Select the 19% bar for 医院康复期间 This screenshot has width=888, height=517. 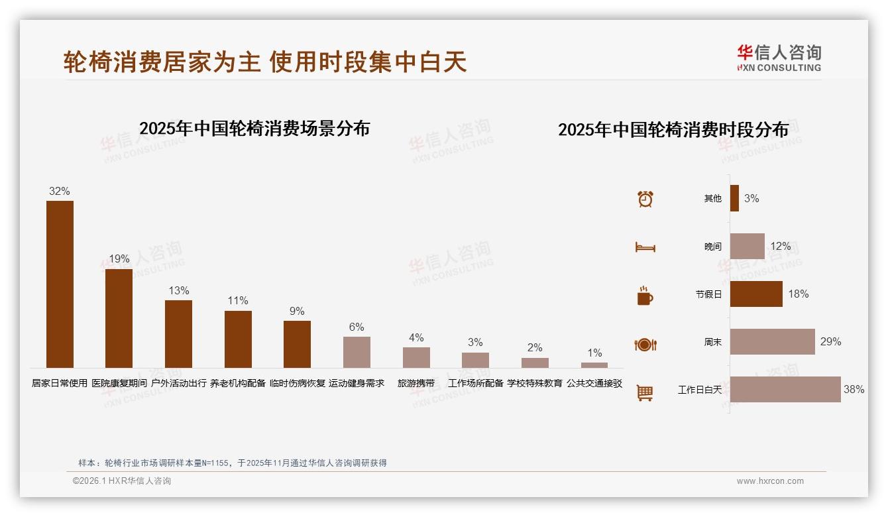(x=119, y=318)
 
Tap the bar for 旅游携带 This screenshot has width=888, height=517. (x=416, y=357)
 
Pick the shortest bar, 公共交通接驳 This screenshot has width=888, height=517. (x=594, y=365)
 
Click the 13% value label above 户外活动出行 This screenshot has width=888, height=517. (x=179, y=290)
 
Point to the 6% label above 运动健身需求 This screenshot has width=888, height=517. (x=357, y=327)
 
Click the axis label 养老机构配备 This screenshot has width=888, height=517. (x=238, y=383)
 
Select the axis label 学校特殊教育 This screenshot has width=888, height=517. (x=535, y=383)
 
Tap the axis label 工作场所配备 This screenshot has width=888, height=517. (x=476, y=383)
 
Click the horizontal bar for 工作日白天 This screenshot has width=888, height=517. (x=785, y=389)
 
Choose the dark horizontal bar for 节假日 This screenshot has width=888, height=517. (x=756, y=294)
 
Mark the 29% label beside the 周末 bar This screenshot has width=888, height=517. (x=830, y=341)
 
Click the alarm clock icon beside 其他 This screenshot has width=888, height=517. (x=645, y=199)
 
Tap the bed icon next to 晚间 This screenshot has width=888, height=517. (x=645, y=247)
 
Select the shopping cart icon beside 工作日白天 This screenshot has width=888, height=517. (x=645, y=392)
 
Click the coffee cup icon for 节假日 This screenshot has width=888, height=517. (x=645, y=296)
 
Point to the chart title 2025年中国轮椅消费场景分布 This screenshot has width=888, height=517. (x=254, y=128)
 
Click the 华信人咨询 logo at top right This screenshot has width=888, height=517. (x=779, y=58)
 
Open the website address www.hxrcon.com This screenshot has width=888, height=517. (x=770, y=481)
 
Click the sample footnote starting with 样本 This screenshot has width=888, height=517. (x=233, y=463)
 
